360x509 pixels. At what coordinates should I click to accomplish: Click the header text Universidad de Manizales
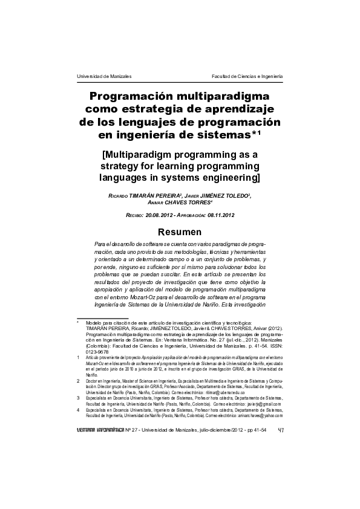pyautogui.click(x=105, y=77)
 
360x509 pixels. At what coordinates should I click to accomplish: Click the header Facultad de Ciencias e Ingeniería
pyautogui.click(x=247, y=77)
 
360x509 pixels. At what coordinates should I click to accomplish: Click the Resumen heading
pyautogui.click(x=180, y=232)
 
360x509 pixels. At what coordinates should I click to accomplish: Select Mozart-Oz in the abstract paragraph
pyautogui.click(x=159, y=297)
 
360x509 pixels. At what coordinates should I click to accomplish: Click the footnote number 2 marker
pyautogui.click(x=79, y=381)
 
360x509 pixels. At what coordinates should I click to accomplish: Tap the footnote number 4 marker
pyautogui.click(x=79, y=410)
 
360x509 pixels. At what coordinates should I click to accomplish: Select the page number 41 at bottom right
pyautogui.click(x=280, y=430)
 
